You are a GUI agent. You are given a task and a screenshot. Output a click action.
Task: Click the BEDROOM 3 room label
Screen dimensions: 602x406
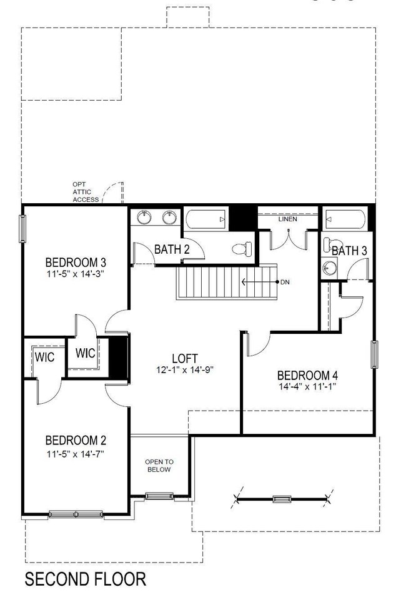coord(74,261)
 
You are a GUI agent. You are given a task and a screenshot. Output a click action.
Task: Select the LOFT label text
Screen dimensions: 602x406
coord(185,359)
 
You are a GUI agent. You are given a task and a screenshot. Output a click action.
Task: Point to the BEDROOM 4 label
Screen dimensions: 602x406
coord(307,375)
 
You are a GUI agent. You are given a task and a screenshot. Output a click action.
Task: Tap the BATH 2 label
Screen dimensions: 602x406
coord(172,250)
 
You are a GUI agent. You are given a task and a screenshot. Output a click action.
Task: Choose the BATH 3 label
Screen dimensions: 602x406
coord(349,251)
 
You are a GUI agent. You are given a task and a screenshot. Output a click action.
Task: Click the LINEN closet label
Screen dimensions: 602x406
coord(288,219)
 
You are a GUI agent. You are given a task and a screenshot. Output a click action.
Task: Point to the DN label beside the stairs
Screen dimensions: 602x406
coord(285,283)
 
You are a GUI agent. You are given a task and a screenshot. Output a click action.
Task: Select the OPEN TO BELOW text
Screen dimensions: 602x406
coord(159,466)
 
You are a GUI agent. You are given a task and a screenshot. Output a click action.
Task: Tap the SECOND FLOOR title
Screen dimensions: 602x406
coord(85,579)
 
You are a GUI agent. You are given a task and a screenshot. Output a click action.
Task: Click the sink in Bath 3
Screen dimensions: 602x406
coord(328,268)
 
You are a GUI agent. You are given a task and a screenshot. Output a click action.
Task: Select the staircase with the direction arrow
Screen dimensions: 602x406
coord(226,283)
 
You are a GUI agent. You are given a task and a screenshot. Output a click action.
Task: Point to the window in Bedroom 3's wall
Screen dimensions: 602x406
coord(23,229)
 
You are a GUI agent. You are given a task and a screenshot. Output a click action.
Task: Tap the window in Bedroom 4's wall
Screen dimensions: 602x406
coord(375,354)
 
